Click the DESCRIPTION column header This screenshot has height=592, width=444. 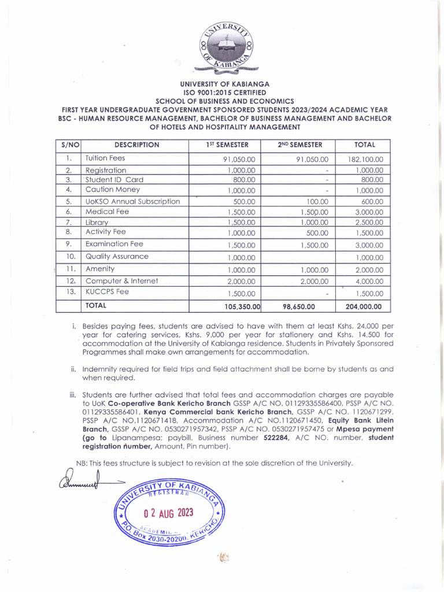(x=136, y=145)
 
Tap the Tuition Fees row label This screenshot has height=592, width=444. (x=105, y=158)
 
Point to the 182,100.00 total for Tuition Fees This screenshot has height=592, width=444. (x=365, y=160)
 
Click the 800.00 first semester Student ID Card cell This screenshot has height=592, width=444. (x=243, y=180)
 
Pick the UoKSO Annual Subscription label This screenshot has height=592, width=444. (x=133, y=201)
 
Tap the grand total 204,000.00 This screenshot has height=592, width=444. (x=364, y=306)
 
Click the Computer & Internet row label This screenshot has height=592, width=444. (x=122, y=281)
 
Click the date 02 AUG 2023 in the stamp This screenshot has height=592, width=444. (x=168, y=513)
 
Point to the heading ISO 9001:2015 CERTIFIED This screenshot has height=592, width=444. (x=225, y=92)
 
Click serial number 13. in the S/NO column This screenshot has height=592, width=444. (x=69, y=292)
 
